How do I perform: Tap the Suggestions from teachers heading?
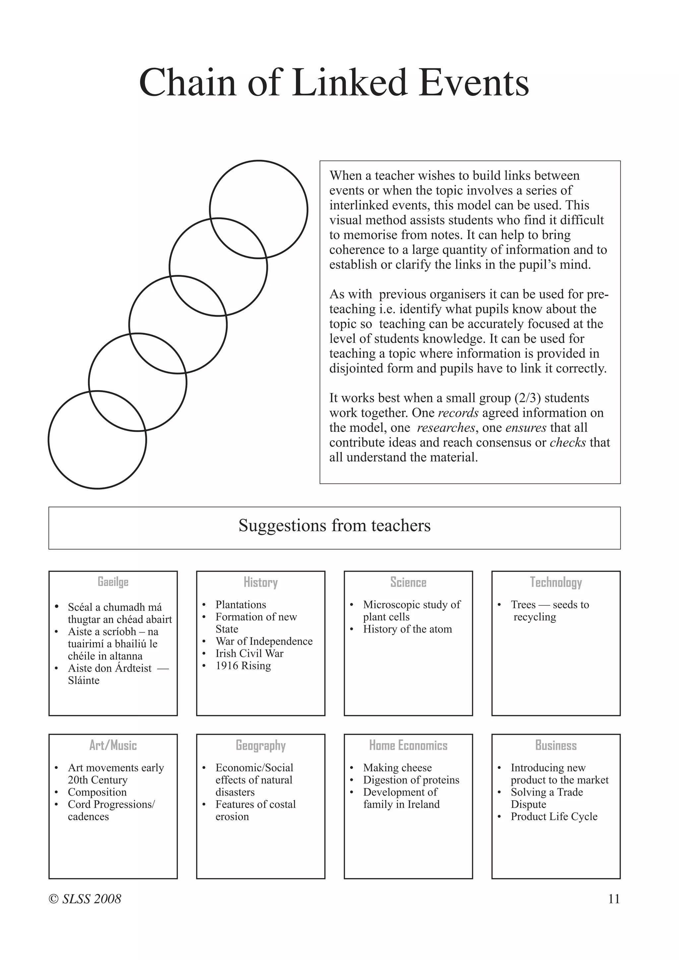tap(335, 525)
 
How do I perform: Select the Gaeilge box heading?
tap(113, 582)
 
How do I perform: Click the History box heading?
tap(261, 582)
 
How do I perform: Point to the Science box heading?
tap(408, 582)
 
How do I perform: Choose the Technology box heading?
tap(556, 582)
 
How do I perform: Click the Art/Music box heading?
tap(113, 745)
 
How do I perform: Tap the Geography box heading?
tap(261, 746)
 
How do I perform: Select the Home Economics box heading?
tap(408, 745)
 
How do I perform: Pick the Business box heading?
tap(556, 745)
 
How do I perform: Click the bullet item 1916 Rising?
tap(243, 666)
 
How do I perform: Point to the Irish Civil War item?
tap(249, 653)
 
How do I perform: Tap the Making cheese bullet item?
tap(397, 768)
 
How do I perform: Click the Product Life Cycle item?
tap(554, 816)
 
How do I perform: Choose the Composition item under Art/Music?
tap(97, 792)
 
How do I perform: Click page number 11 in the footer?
tap(614, 899)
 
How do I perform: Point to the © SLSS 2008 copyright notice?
tap(85, 899)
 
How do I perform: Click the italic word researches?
tap(446, 428)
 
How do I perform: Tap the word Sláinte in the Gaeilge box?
tap(84, 680)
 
